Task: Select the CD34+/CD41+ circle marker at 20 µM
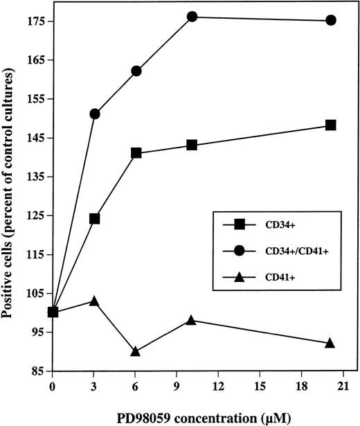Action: pyautogui.click(x=331, y=20)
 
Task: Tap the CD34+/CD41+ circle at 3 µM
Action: pyautogui.click(x=95, y=114)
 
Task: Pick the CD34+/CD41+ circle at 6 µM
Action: pyautogui.click(x=136, y=71)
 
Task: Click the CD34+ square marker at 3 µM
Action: pyautogui.click(x=95, y=219)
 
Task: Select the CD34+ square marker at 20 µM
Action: pyautogui.click(x=331, y=125)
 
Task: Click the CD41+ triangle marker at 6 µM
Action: pyautogui.click(x=136, y=351)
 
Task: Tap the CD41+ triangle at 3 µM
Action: pyautogui.click(x=95, y=301)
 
